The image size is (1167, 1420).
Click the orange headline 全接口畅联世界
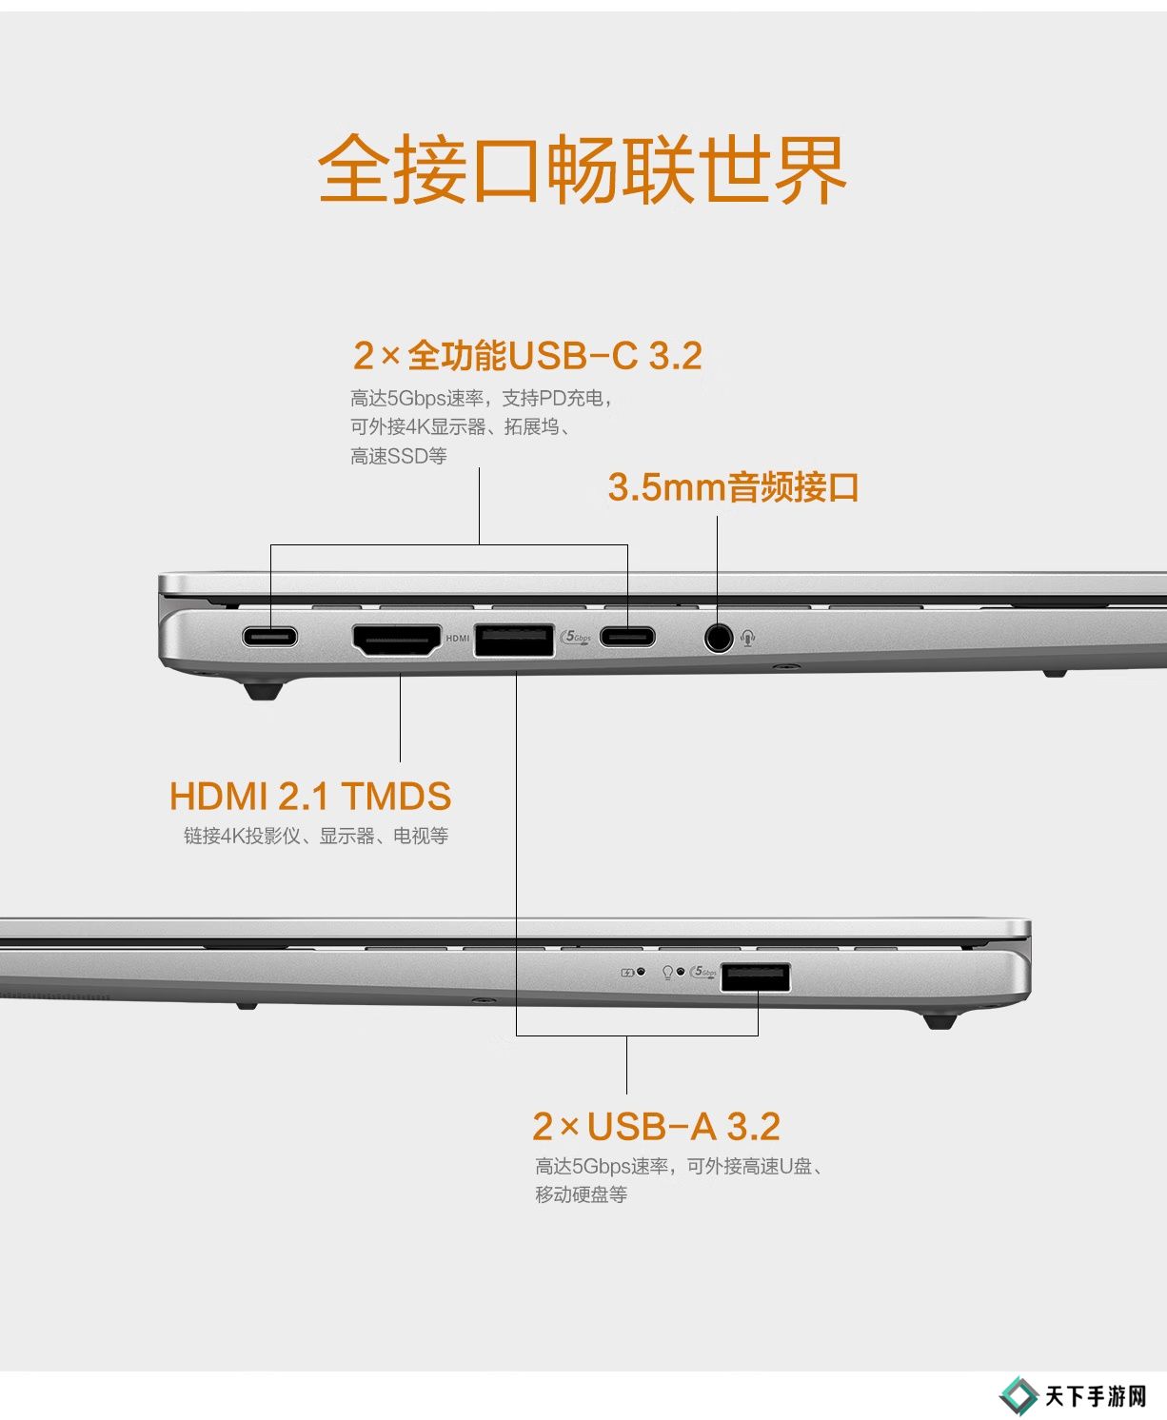(x=583, y=168)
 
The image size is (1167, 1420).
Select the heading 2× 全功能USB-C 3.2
(x=527, y=356)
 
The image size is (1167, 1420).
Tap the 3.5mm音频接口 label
(x=733, y=487)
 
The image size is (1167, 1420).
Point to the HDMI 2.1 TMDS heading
(x=309, y=796)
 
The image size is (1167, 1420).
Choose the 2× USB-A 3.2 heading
(x=656, y=1127)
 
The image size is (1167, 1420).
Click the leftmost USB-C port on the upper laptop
(x=269, y=637)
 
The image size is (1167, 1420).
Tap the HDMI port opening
(x=397, y=641)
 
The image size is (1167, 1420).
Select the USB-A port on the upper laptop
(x=514, y=641)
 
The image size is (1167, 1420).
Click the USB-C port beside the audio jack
(x=627, y=637)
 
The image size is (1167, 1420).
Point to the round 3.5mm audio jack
(x=719, y=637)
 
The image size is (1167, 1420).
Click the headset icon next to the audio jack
(x=747, y=638)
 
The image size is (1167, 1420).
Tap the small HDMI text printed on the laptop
(x=458, y=639)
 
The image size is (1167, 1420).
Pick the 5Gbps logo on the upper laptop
(x=577, y=637)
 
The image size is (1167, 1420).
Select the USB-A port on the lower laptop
(x=755, y=977)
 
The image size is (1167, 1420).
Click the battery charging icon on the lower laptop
(x=627, y=973)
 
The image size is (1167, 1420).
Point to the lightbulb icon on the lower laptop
(x=667, y=973)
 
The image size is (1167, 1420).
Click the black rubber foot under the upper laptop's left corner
(x=263, y=691)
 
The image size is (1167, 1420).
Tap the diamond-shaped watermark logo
(x=1019, y=1396)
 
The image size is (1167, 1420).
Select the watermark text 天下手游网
(x=1096, y=1396)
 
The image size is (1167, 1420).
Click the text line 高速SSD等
(x=399, y=457)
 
